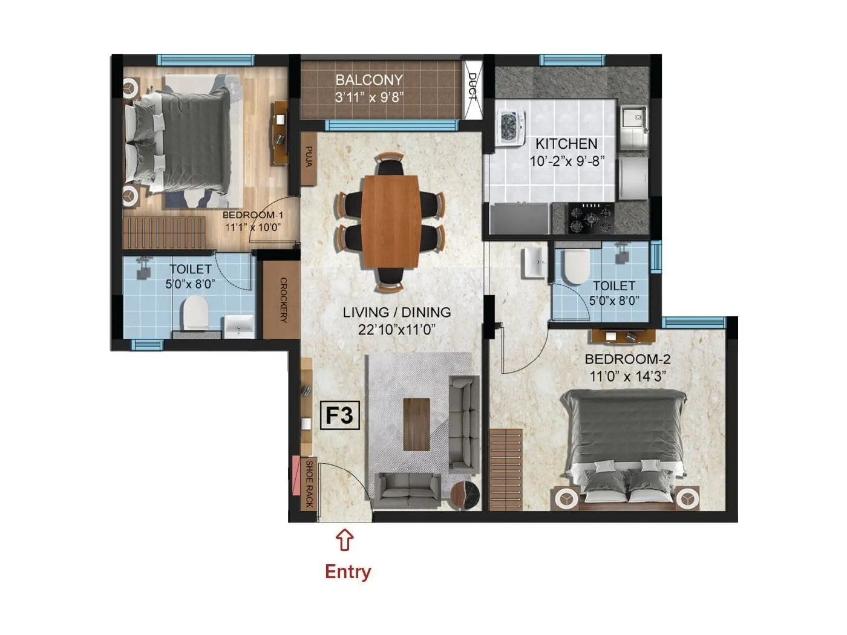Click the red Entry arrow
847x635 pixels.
(344, 539)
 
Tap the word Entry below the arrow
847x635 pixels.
(348, 571)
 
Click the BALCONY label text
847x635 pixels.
(369, 80)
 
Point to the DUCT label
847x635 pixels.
(473, 86)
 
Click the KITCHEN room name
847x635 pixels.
(566, 144)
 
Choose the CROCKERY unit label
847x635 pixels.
(283, 300)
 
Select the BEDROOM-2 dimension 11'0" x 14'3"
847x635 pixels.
(628, 376)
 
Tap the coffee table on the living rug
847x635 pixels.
(416, 424)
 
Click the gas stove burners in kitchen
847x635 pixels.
(590, 218)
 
